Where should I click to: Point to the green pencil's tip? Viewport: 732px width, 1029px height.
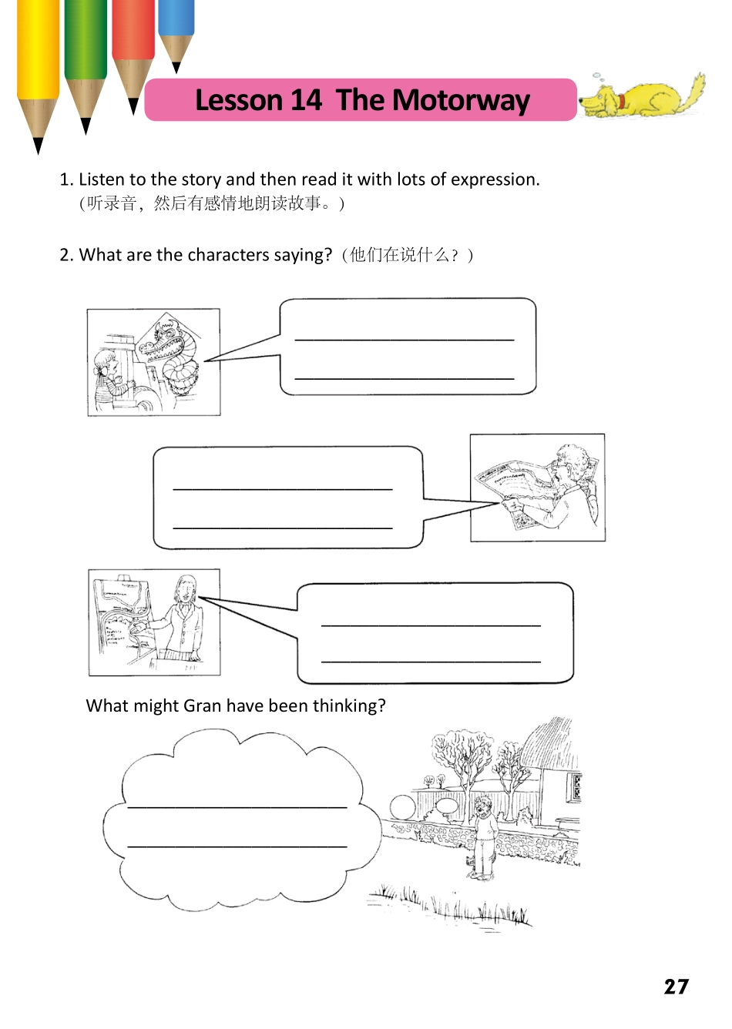(x=86, y=126)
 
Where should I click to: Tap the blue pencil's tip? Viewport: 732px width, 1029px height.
(x=176, y=68)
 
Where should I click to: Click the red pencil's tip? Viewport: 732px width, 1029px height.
(x=133, y=106)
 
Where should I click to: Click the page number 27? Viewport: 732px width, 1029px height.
(x=676, y=987)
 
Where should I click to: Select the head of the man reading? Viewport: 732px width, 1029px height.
(x=572, y=465)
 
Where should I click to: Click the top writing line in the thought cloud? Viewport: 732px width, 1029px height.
(x=237, y=806)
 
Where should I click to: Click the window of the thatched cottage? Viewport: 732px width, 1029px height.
(x=575, y=786)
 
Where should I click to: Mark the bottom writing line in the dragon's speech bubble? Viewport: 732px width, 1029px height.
(x=405, y=378)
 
